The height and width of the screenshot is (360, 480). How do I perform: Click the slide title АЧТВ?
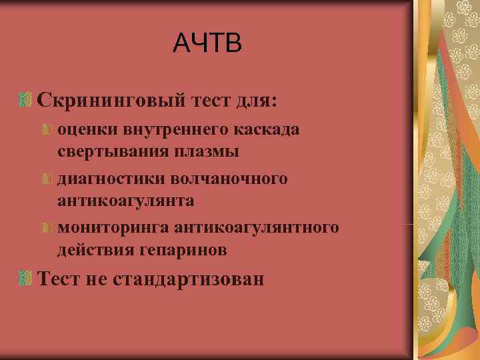click(206, 43)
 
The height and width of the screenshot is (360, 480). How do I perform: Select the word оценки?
click(83, 129)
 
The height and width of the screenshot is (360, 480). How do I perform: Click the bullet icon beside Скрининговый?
click(26, 101)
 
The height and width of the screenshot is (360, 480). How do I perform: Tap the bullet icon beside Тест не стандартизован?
click(26, 278)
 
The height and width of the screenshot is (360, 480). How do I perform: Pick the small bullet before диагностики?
click(47, 178)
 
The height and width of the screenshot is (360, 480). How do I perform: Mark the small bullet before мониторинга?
click(47, 228)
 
